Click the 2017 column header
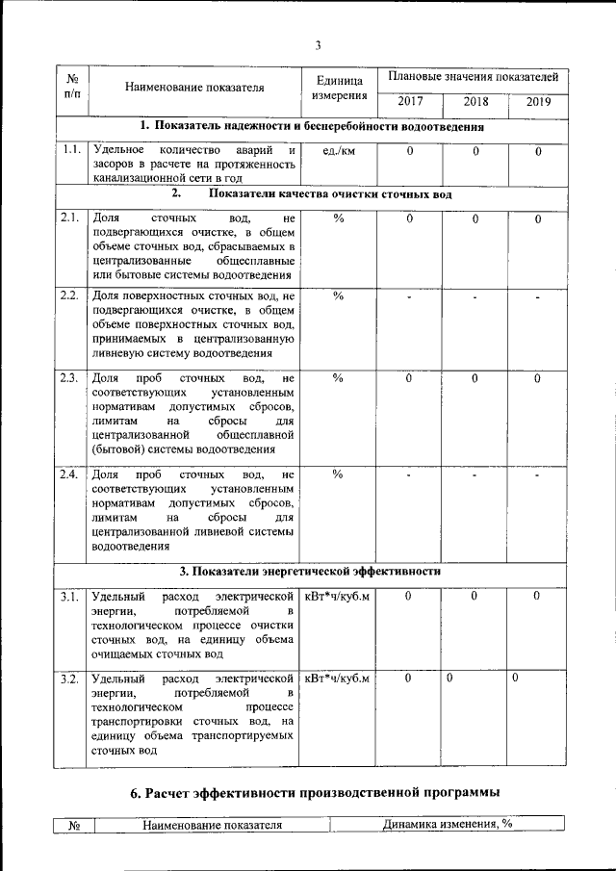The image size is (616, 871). (409, 100)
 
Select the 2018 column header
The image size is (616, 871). (475, 100)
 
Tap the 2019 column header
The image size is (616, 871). (538, 100)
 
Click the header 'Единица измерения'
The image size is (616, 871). (338, 88)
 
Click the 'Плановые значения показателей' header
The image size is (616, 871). (473, 75)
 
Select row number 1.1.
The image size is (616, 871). (70, 150)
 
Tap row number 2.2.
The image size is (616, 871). (70, 295)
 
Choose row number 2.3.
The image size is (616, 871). (70, 377)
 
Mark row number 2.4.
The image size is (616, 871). (70, 475)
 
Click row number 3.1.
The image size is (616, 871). (70, 598)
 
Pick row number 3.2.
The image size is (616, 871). (70, 680)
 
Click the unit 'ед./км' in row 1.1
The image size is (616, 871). (338, 151)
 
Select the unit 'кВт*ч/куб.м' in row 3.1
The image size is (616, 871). (338, 598)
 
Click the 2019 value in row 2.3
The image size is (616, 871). (538, 378)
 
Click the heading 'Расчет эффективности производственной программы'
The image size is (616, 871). (316, 793)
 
